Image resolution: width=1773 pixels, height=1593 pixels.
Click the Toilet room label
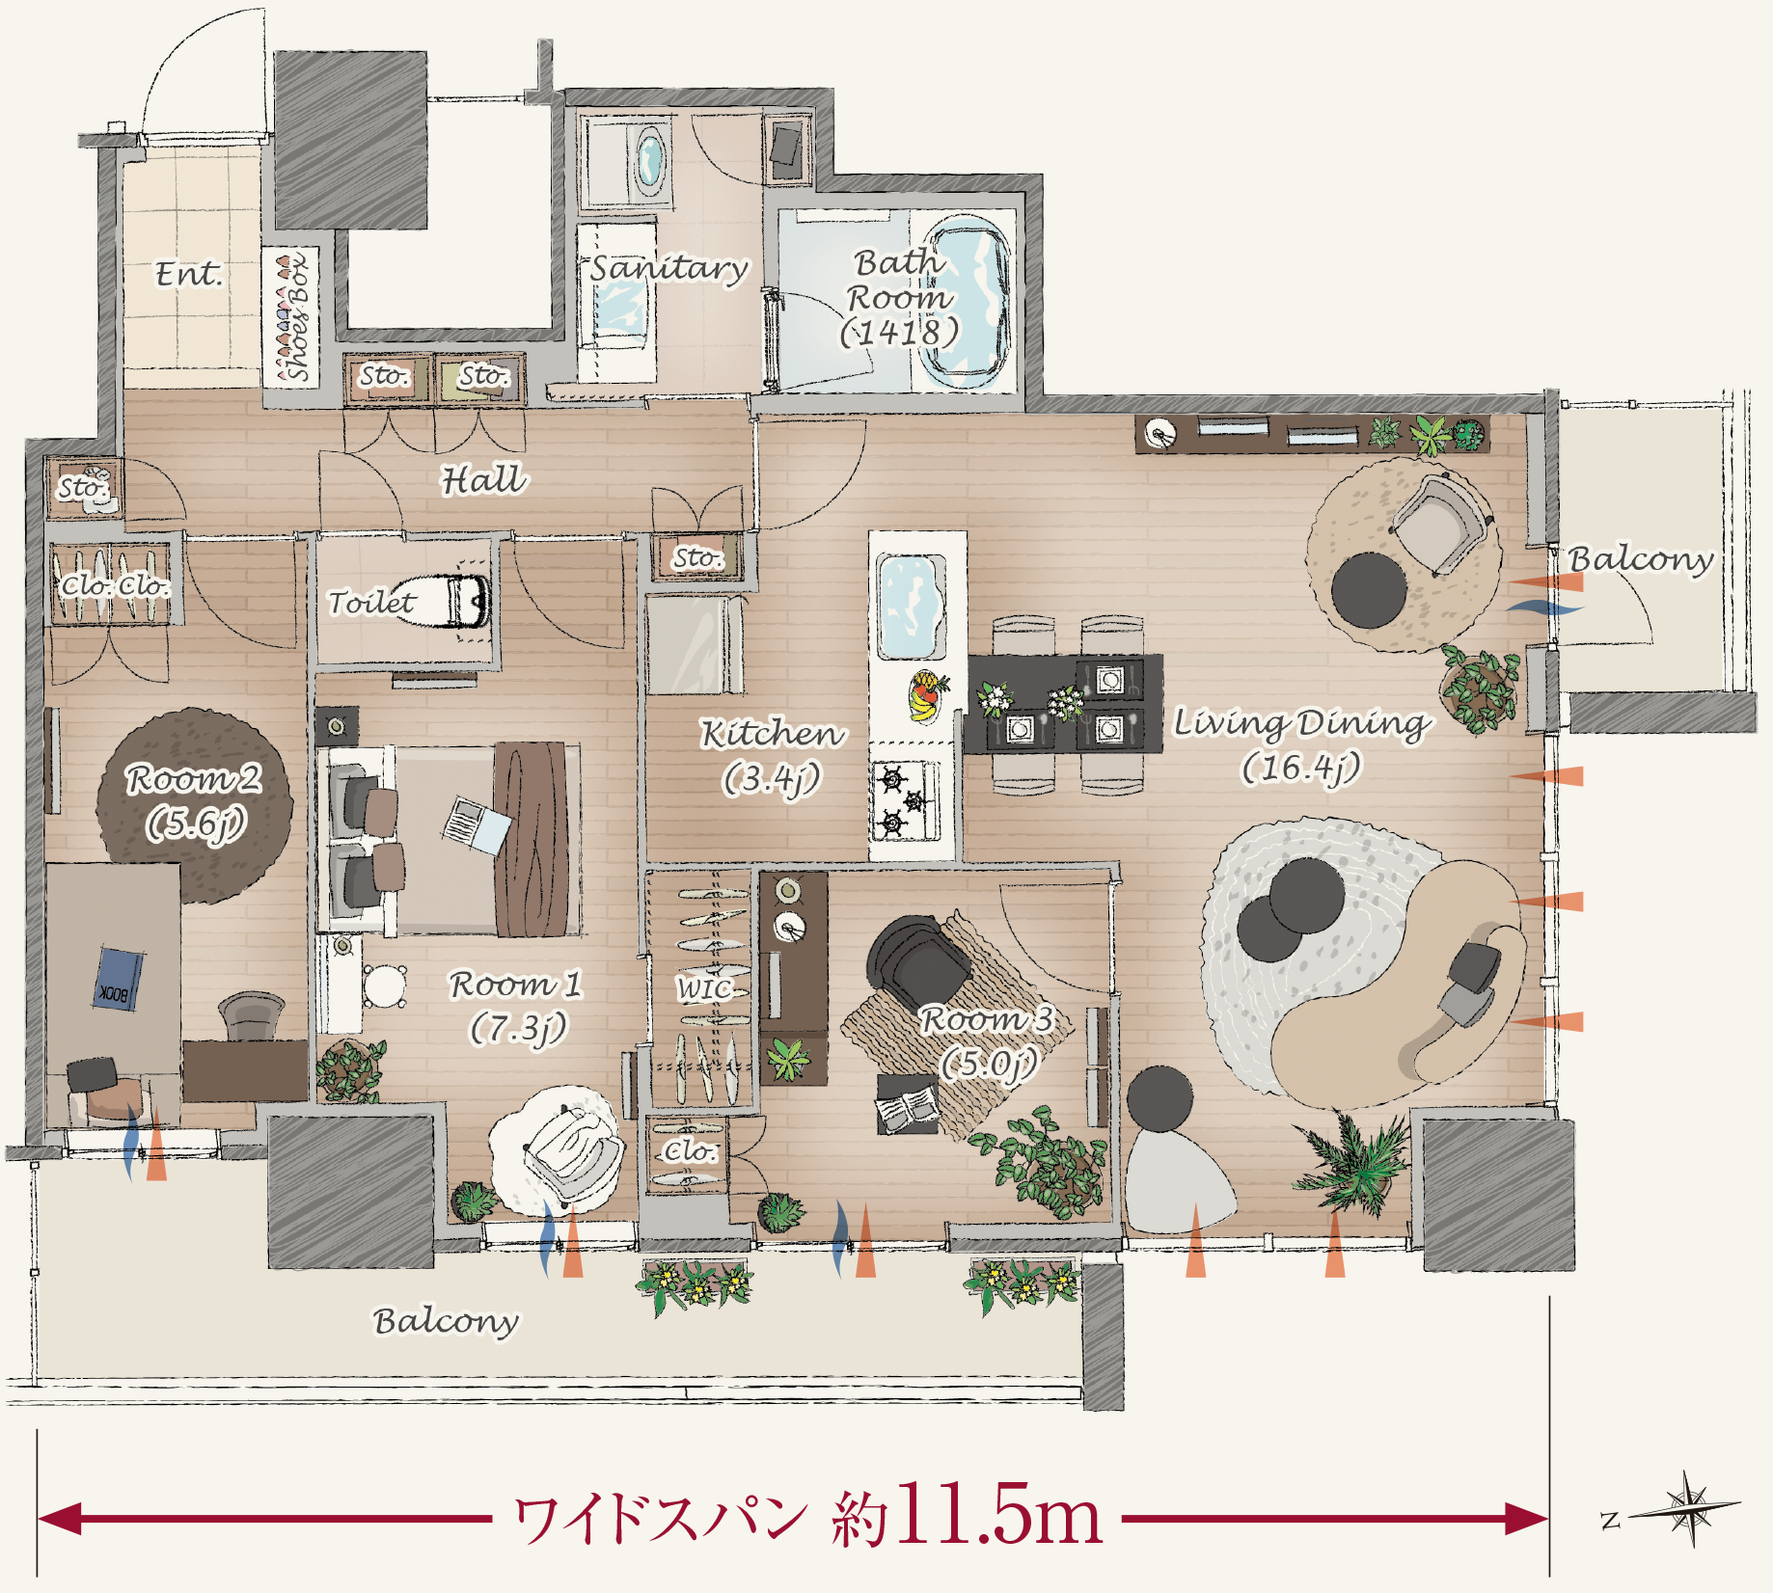(x=371, y=603)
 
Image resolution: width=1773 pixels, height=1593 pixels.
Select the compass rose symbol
(x=1688, y=1509)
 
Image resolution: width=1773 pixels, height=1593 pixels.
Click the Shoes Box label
(x=296, y=316)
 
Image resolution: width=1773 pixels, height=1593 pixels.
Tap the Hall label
(x=484, y=479)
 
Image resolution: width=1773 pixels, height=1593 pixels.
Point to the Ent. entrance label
(x=189, y=274)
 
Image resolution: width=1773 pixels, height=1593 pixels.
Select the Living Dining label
(x=1300, y=723)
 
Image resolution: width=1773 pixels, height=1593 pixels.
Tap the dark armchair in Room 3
(x=915, y=958)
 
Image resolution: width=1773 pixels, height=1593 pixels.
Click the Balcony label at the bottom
(x=446, y=1322)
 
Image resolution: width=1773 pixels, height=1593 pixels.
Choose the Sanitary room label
(x=668, y=268)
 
